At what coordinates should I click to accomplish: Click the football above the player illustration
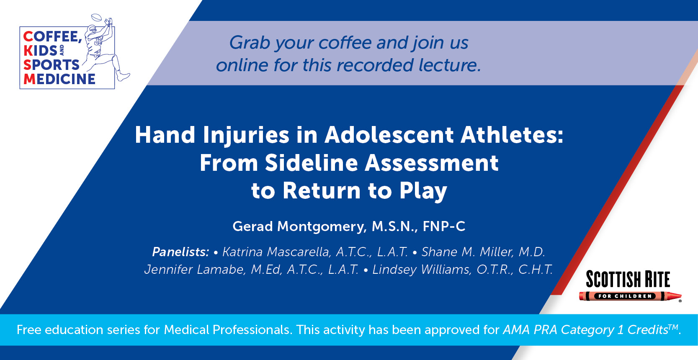pyautogui.click(x=97, y=18)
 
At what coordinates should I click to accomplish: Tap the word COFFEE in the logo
pyautogui.click(x=52, y=37)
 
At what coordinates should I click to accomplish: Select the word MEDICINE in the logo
pyautogui.click(x=59, y=79)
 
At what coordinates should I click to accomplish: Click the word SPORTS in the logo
pyautogui.click(x=52, y=65)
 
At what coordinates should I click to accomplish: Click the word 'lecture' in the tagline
pyautogui.click(x=448, y=65)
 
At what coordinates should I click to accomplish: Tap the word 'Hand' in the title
pyautogui.click(x=165, y=135)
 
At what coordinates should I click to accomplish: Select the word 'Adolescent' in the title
pyautogui.click(x=389, y=135)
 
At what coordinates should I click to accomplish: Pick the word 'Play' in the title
pyautogui.click(x=423, y=191)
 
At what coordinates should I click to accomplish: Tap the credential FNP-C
pyautogui.click(x=444, y=226)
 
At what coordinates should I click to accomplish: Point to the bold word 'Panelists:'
pyautogui.click(x=180, y=252)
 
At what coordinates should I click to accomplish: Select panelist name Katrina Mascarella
pyautogui.click(x=276, y=252)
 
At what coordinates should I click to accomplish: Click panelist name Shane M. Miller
pyautogui.click(x=467, y=252)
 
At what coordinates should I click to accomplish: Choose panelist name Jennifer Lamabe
pyautogui.click(x=194, y=270)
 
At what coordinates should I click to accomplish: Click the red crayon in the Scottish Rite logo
pyautogui.click(x=630, y=296)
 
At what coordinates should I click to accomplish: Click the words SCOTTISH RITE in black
pyautogui.click(x=628, y=279)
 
